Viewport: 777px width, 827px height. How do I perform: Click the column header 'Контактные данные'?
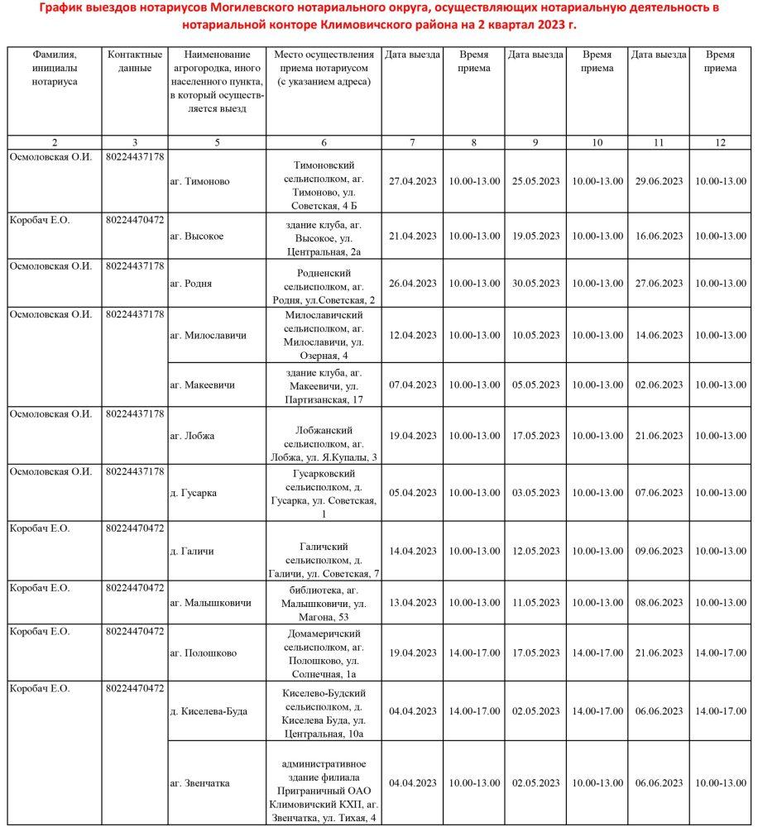click(x=135, y=62)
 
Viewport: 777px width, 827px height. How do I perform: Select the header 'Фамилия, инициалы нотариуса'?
click(x=55, y=69)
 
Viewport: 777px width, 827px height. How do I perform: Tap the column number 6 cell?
click(x=324, y=143)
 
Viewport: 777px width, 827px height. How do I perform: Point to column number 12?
click(x=720, y=143)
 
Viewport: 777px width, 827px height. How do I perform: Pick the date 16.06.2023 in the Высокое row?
click(x=659, y=237)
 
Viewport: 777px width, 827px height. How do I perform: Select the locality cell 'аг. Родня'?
click(x=190, y=284)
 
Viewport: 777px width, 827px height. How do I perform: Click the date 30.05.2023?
click(x=535, y=284)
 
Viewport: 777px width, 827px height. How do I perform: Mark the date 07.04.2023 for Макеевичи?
click(x=412, y=385)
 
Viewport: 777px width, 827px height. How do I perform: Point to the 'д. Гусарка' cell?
click(x=193, y=493)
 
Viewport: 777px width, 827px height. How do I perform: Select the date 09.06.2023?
click(x=659, y=552)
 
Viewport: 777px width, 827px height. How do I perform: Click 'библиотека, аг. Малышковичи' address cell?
click(x=324, y=603)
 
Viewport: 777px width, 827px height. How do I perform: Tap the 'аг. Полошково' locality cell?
click(x=203, y=653)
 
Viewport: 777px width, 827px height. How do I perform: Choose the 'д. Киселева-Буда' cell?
click(x=208, y=711)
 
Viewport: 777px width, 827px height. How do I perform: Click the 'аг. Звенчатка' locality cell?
click(x=199, y=783)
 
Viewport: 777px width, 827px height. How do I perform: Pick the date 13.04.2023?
click(x=412, y=603)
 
